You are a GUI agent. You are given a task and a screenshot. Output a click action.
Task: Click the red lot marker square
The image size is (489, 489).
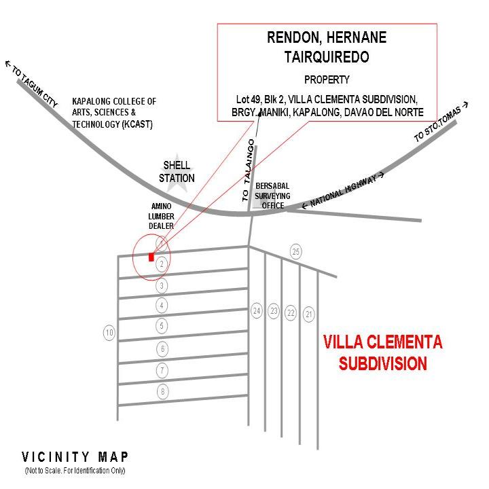tap(151, 257)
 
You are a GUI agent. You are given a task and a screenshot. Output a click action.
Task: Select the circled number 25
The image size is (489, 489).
tap(295, 252)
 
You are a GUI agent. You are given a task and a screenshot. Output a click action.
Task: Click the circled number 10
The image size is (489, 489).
tap(109, 333)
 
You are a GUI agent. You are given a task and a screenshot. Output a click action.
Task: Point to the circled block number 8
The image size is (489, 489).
tap(162, 391)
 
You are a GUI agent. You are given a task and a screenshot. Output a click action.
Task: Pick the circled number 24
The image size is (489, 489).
tap(257, 311)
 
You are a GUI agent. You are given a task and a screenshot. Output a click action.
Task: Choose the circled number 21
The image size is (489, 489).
tap(309, 313)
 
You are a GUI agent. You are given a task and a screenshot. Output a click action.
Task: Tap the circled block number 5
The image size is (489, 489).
tap(162, 326)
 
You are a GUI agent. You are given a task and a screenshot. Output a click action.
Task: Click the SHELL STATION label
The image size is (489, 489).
tap(177, 172)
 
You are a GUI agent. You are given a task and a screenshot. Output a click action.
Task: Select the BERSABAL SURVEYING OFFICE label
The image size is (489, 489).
tap(272, 196)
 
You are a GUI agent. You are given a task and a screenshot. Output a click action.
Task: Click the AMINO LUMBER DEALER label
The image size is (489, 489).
tap(162, 216)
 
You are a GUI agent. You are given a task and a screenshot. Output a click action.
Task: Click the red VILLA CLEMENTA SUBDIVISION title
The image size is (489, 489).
tap(383, 352)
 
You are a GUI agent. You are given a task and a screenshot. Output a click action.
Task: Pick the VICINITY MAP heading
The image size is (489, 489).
tap(75, 457)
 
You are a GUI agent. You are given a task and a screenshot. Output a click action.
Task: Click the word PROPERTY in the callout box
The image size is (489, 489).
tap(327, 79)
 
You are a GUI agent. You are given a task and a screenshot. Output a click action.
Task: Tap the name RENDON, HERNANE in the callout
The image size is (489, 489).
tap(327, 38)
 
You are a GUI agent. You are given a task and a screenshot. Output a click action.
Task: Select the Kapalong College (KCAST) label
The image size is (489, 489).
tap(114, 113)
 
